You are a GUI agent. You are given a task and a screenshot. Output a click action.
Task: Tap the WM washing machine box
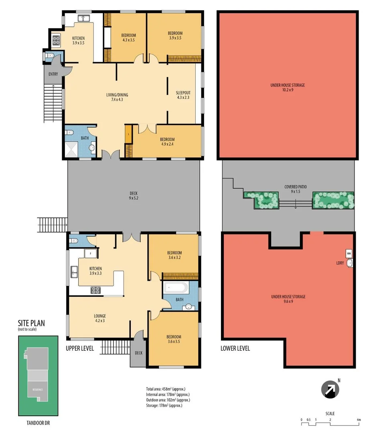pos(349,253)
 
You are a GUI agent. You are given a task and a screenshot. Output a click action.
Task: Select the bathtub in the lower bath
pos(175,287)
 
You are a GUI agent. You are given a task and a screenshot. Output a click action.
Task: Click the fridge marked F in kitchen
pos(91,254)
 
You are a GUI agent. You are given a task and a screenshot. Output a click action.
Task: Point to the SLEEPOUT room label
pos(183,95)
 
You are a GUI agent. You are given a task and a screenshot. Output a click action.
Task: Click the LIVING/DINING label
pos(117,97)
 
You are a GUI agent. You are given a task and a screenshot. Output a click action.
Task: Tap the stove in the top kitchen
pos(56,40)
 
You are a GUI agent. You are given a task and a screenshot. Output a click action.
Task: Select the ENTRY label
pos(53,74)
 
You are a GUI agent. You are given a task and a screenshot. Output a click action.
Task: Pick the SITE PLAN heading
pos(31,323)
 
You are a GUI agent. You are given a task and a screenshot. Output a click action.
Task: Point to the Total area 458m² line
pos(166,389)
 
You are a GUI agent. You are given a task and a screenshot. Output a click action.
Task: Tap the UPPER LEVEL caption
pos(80,348)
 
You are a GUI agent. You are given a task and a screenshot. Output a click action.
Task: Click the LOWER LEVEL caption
pos(235,348)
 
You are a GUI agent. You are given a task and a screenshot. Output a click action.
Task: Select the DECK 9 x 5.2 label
pos(134,196)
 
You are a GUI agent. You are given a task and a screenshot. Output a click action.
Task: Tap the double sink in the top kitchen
pos(84,18)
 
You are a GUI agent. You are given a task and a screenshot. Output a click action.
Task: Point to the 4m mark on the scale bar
pos(359,420)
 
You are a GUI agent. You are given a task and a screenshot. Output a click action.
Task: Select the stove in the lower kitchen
pos(96,290)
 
